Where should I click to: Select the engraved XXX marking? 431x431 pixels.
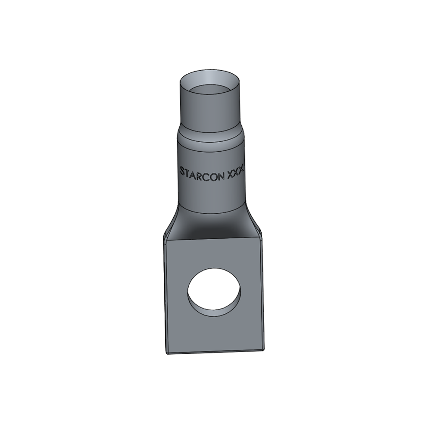(x=237, y=171)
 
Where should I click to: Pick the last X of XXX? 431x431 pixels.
(x=243, y=171)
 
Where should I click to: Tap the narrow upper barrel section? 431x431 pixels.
(x=210, y=112)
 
